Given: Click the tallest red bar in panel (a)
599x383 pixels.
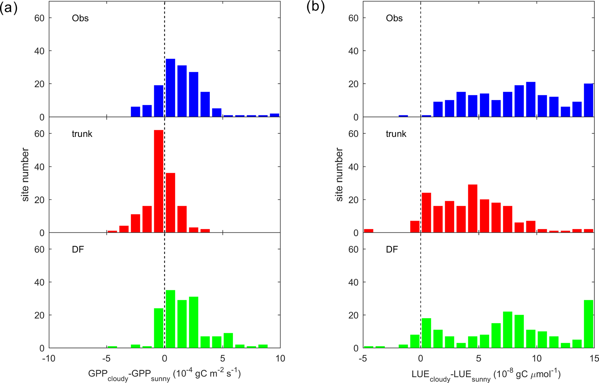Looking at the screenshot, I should pyautogui.click(x=159, y=182).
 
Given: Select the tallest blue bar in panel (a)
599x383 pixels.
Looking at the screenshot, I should pyautogui.click(x=170, y=88).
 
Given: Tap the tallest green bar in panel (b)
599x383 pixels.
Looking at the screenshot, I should pyautogui.click(x=589, y=324).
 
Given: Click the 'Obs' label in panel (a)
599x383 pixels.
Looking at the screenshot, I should pyautogui.click(x=80, y=18).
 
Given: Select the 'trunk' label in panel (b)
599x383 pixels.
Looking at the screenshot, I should pyautogui.click(x=396, y=134).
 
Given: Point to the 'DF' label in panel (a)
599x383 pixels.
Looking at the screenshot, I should pyautogui.click(x=78, y=249).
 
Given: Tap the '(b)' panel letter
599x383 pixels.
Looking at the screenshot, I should pyautogui.click(x=316, y=7).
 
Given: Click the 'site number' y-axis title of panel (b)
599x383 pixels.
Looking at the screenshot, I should pyautogui.click(x=339, y=175).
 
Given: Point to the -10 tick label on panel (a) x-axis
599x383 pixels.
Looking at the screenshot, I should pyautogui.click(x=49, y=359).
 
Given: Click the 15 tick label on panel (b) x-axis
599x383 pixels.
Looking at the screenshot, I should pyautogui.click(x=594, y=359).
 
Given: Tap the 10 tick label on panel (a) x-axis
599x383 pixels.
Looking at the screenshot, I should pyautogui.click(x=280, y=359).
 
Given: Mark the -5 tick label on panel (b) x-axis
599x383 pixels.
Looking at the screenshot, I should pyautogui.click(x=363, y=359).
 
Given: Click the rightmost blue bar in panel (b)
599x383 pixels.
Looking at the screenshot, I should pyautogui.click(x=589, y=100).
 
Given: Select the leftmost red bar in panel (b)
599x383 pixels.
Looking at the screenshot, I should pyautogui.click(x=368, y=231).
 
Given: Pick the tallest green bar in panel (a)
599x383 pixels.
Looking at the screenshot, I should pyautogui.click(x=170, y=319).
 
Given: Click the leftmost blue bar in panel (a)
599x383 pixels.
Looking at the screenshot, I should pyautogui.click(x=135, y=112).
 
